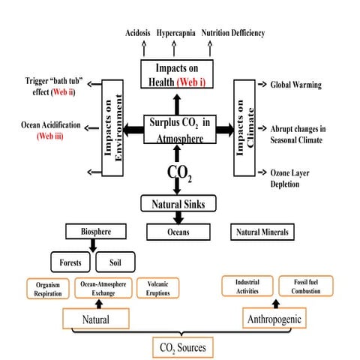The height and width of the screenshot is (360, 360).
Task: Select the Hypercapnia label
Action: pyautogui.click(x=177, y=34)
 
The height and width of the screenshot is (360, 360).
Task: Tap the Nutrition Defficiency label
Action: pyautogui.click(x=232, y=34)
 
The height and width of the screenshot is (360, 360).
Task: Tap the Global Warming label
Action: pyautogui.click(x=295, y=85)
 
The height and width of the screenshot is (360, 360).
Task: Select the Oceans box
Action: pyautogui.click(x=178, y=232)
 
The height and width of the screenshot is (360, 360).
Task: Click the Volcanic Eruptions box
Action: pyautogui.click(x=157, y=289)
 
